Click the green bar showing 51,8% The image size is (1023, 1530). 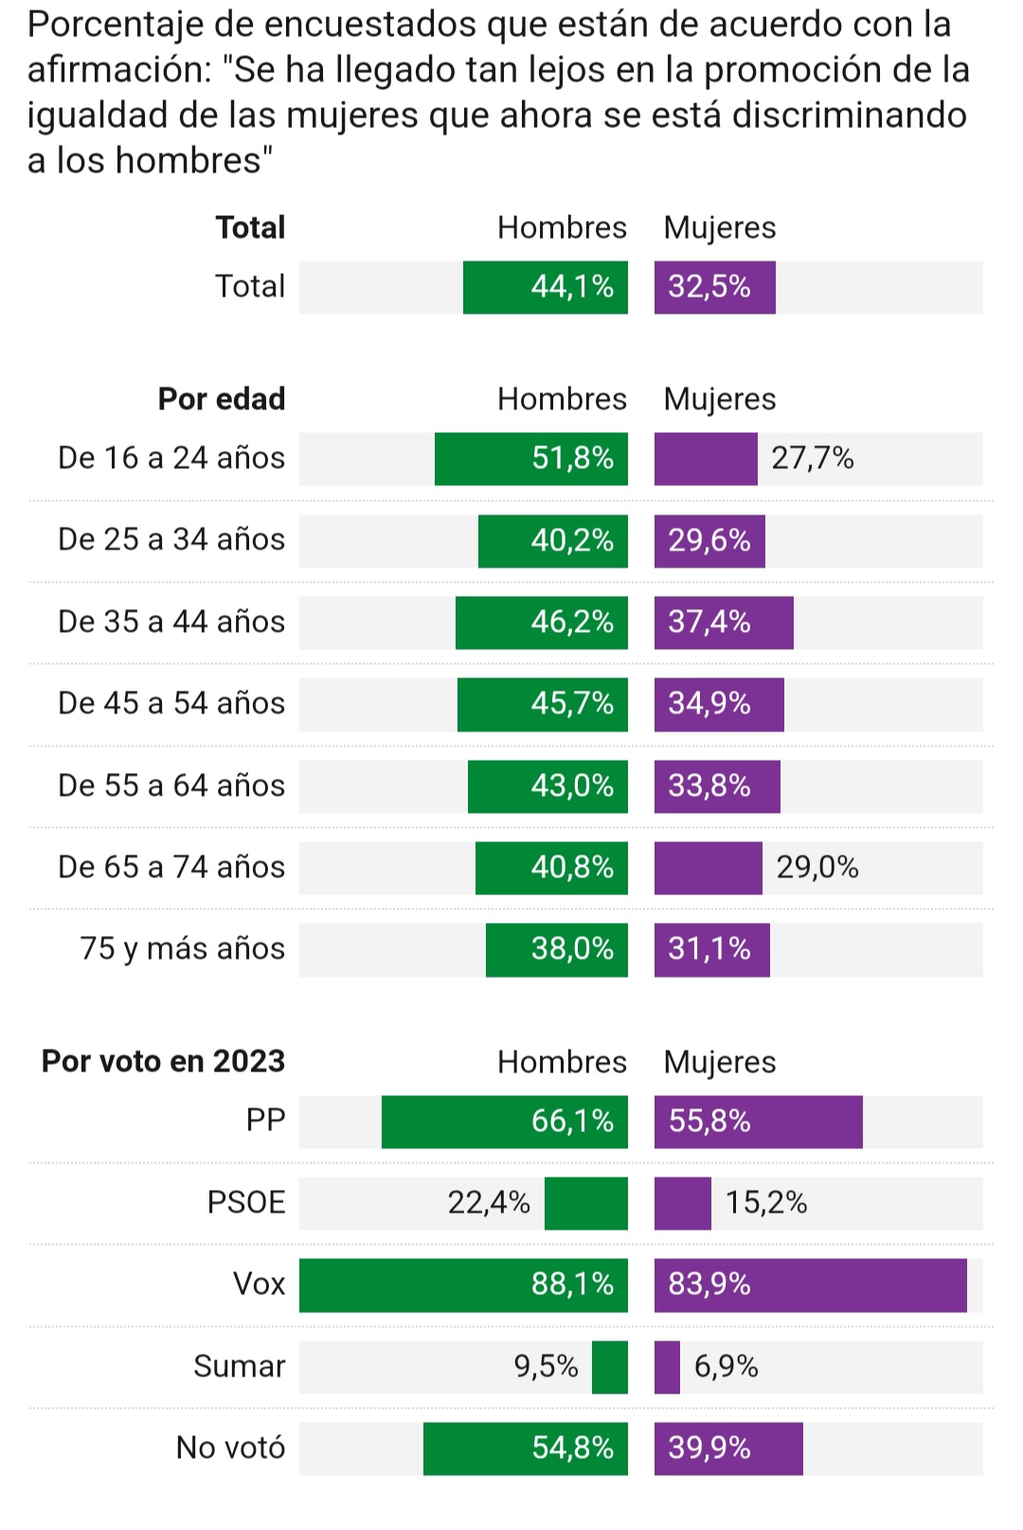530,459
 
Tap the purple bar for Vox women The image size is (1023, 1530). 810,1285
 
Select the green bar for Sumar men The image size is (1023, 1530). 609,1367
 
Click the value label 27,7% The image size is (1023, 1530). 812,459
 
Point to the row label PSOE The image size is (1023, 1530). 245,1202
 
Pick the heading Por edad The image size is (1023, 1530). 221,399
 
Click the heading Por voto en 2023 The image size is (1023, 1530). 163,1061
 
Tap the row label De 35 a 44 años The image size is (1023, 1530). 170,621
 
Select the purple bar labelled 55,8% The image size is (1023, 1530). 758,1122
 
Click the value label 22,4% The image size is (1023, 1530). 488,1202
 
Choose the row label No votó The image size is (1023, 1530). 230,1448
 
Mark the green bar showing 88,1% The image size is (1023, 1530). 463,1285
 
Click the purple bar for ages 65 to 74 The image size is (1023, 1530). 708,868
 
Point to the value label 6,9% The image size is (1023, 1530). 726,1366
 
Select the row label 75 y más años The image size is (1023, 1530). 182,948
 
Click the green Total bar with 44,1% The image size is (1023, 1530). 545,287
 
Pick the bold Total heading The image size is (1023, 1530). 250,227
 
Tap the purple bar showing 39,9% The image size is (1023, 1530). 727,1449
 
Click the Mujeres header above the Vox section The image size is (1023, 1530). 719,1062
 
